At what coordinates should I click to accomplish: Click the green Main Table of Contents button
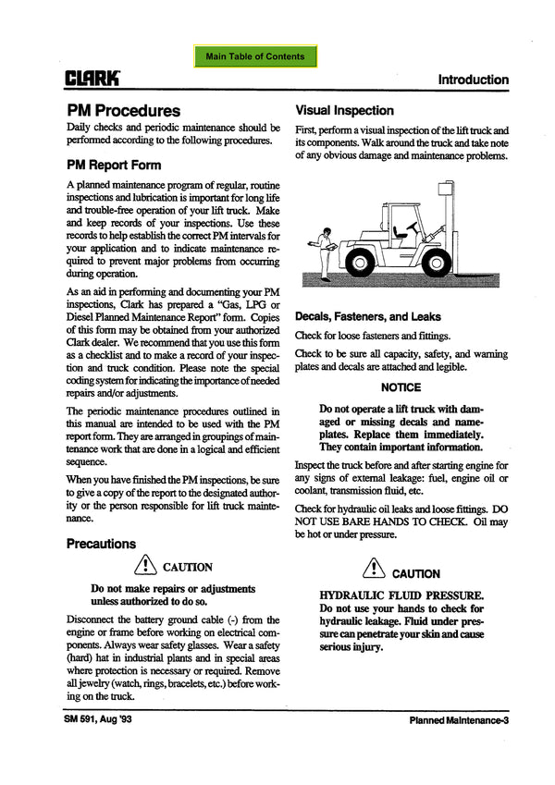point(255,56)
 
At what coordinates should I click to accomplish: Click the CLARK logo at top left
point(92,80)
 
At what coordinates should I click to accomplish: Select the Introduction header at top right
point(473,80)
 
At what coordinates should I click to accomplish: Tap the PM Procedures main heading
point(123,110)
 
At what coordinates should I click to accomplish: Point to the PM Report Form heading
point(113,166)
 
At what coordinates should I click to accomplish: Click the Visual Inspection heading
point(344,109)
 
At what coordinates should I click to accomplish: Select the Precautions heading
point(101,544)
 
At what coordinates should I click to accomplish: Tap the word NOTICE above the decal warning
point(401,387)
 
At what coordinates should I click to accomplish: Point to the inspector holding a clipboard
point(323,250)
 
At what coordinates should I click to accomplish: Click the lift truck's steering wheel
point(400,227)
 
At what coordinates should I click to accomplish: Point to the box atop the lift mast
point(447,189)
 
